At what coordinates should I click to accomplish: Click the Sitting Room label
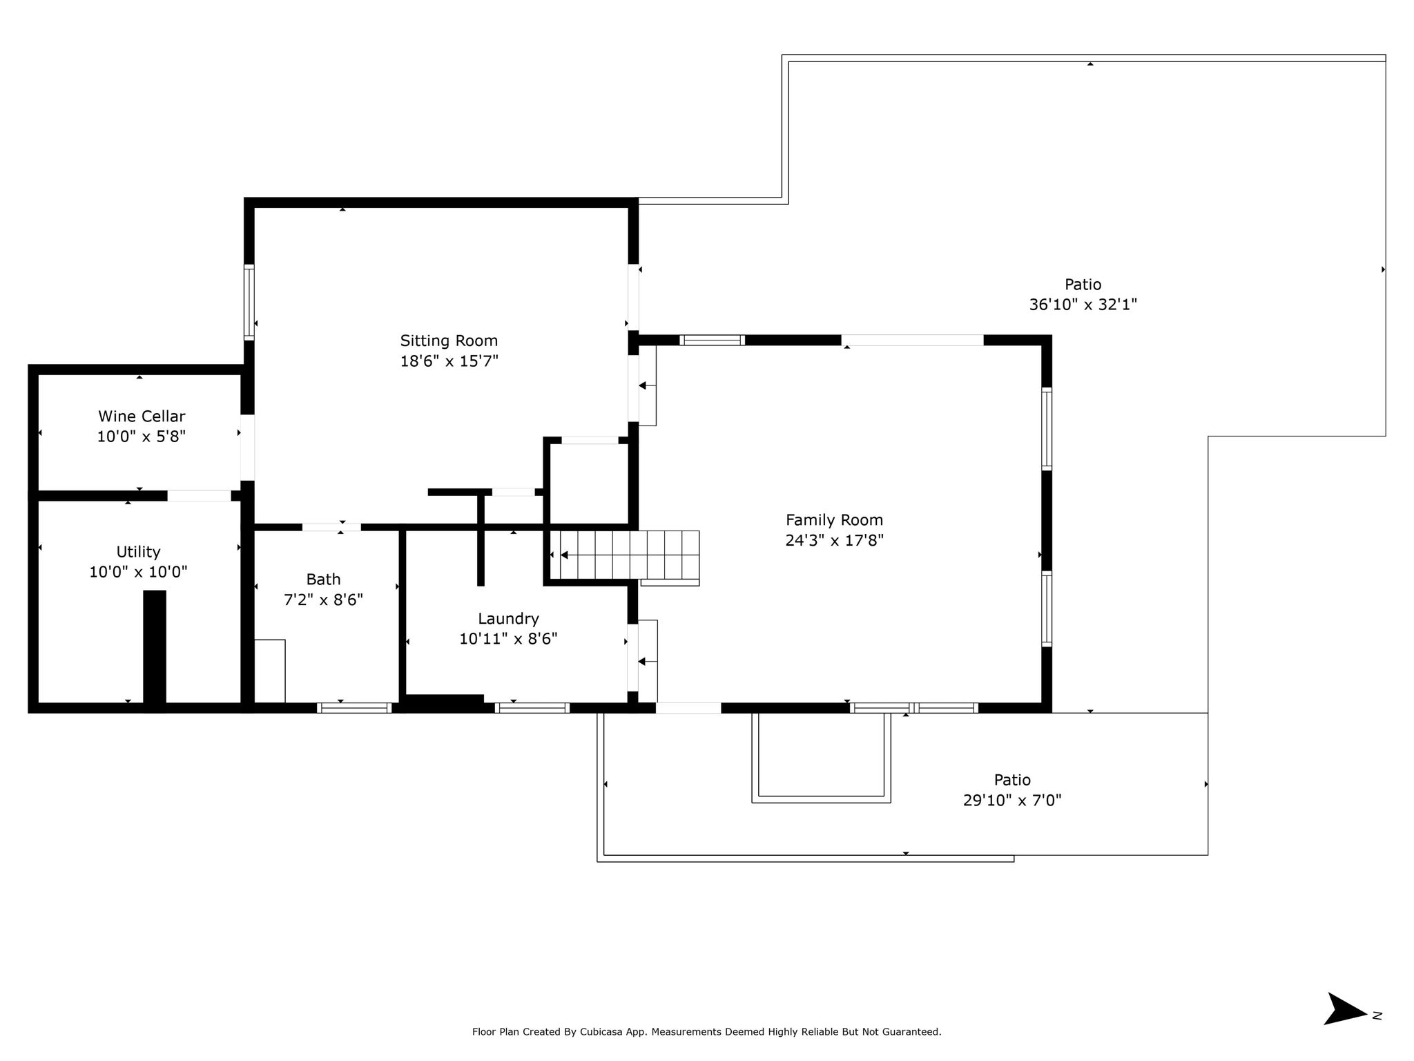coord(449,341)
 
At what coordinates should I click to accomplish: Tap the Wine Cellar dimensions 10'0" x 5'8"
coord(142,437)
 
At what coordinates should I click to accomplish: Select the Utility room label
coord(138,552)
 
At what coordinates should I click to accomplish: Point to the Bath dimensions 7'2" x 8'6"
coord(323,600)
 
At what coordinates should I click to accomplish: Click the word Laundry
coord(508,619)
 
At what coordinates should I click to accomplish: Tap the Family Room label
coord(834,520)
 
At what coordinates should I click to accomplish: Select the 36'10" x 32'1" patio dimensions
coord(1083,305)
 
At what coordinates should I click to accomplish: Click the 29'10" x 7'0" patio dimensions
coord(1012,801)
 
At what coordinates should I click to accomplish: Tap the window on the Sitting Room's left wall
coord(249,302)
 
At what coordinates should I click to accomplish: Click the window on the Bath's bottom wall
coord(354,708)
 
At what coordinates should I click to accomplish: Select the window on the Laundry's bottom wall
coord(532,708)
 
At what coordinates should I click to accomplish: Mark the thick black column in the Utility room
coord(155,650)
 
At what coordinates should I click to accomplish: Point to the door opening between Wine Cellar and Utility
coord(199,496)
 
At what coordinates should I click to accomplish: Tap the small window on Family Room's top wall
coord(712,340)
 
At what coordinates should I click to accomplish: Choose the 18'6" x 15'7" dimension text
coord(449,361)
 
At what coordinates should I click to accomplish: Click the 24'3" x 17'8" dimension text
coord(834,540)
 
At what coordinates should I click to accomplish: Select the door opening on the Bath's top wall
coord(331,528)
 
